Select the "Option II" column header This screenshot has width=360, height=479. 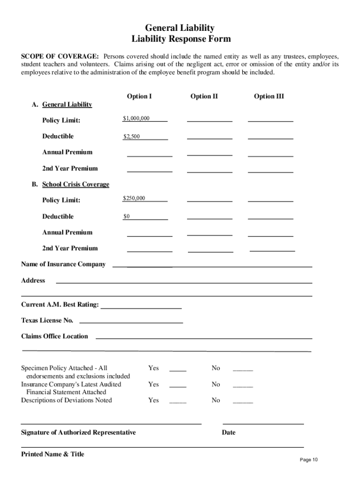[x=204, y=96]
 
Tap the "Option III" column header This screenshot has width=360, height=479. [x=269, y=96]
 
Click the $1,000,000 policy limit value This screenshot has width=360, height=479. [x=136, y=118]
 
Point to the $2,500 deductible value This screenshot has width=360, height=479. [x=131, y=137]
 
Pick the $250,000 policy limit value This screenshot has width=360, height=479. [x=134, y=198]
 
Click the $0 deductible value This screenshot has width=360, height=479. [x=126, y=217]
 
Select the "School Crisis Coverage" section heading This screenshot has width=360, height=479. [x=76, y=184]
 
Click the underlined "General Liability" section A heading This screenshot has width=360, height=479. [x=67, y=104]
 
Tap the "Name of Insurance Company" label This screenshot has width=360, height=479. [x=63, y=264]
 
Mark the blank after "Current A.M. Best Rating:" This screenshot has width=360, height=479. [x=141, y=307]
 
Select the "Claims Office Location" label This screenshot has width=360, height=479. [x=54, y=336]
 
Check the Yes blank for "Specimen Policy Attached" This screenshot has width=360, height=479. [x=178, y=370]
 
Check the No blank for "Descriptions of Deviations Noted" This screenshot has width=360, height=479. [x=243, y=401]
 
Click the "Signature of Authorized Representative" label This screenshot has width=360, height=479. [x=79, y=432]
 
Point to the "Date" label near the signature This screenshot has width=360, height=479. [x=229, y=432]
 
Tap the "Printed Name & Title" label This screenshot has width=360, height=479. [x=53, y=454]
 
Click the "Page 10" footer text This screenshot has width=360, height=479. [x=309, y=460]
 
